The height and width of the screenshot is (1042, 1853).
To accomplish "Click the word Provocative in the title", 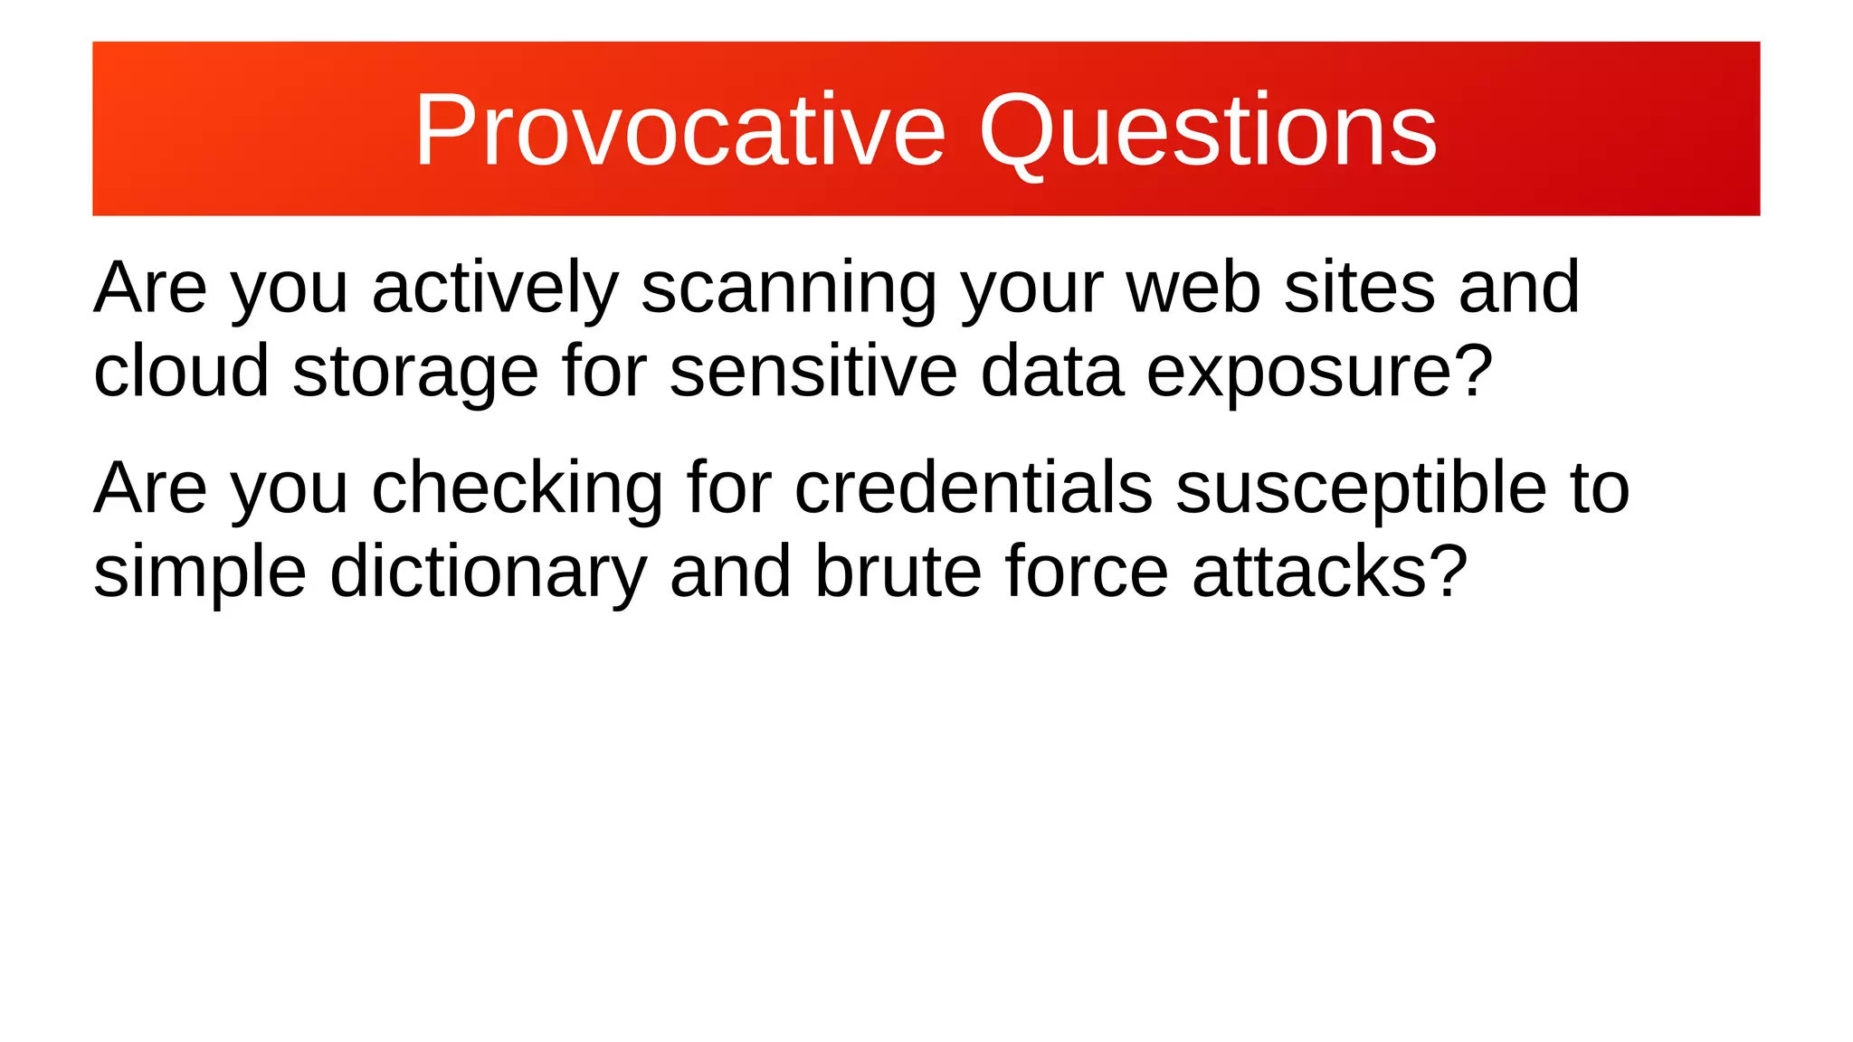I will point(679,130).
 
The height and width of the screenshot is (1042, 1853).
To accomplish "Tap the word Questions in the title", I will point(1207,130).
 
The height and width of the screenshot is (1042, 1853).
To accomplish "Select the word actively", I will point(494,288).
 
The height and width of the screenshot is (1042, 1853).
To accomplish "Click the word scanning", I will point(788,288).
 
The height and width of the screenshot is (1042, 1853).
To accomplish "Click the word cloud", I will point(181,371).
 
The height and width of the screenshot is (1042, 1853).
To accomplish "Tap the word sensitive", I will point(812,371).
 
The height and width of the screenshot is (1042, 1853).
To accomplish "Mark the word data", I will point(1051,371).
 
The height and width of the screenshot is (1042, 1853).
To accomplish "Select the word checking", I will point(518,488).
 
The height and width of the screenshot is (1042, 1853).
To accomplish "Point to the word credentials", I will point(973,488).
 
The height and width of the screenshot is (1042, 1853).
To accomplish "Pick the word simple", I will point(200,572).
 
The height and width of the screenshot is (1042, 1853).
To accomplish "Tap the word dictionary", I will point(488,572).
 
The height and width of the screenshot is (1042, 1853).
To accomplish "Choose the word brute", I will point(898,572).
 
